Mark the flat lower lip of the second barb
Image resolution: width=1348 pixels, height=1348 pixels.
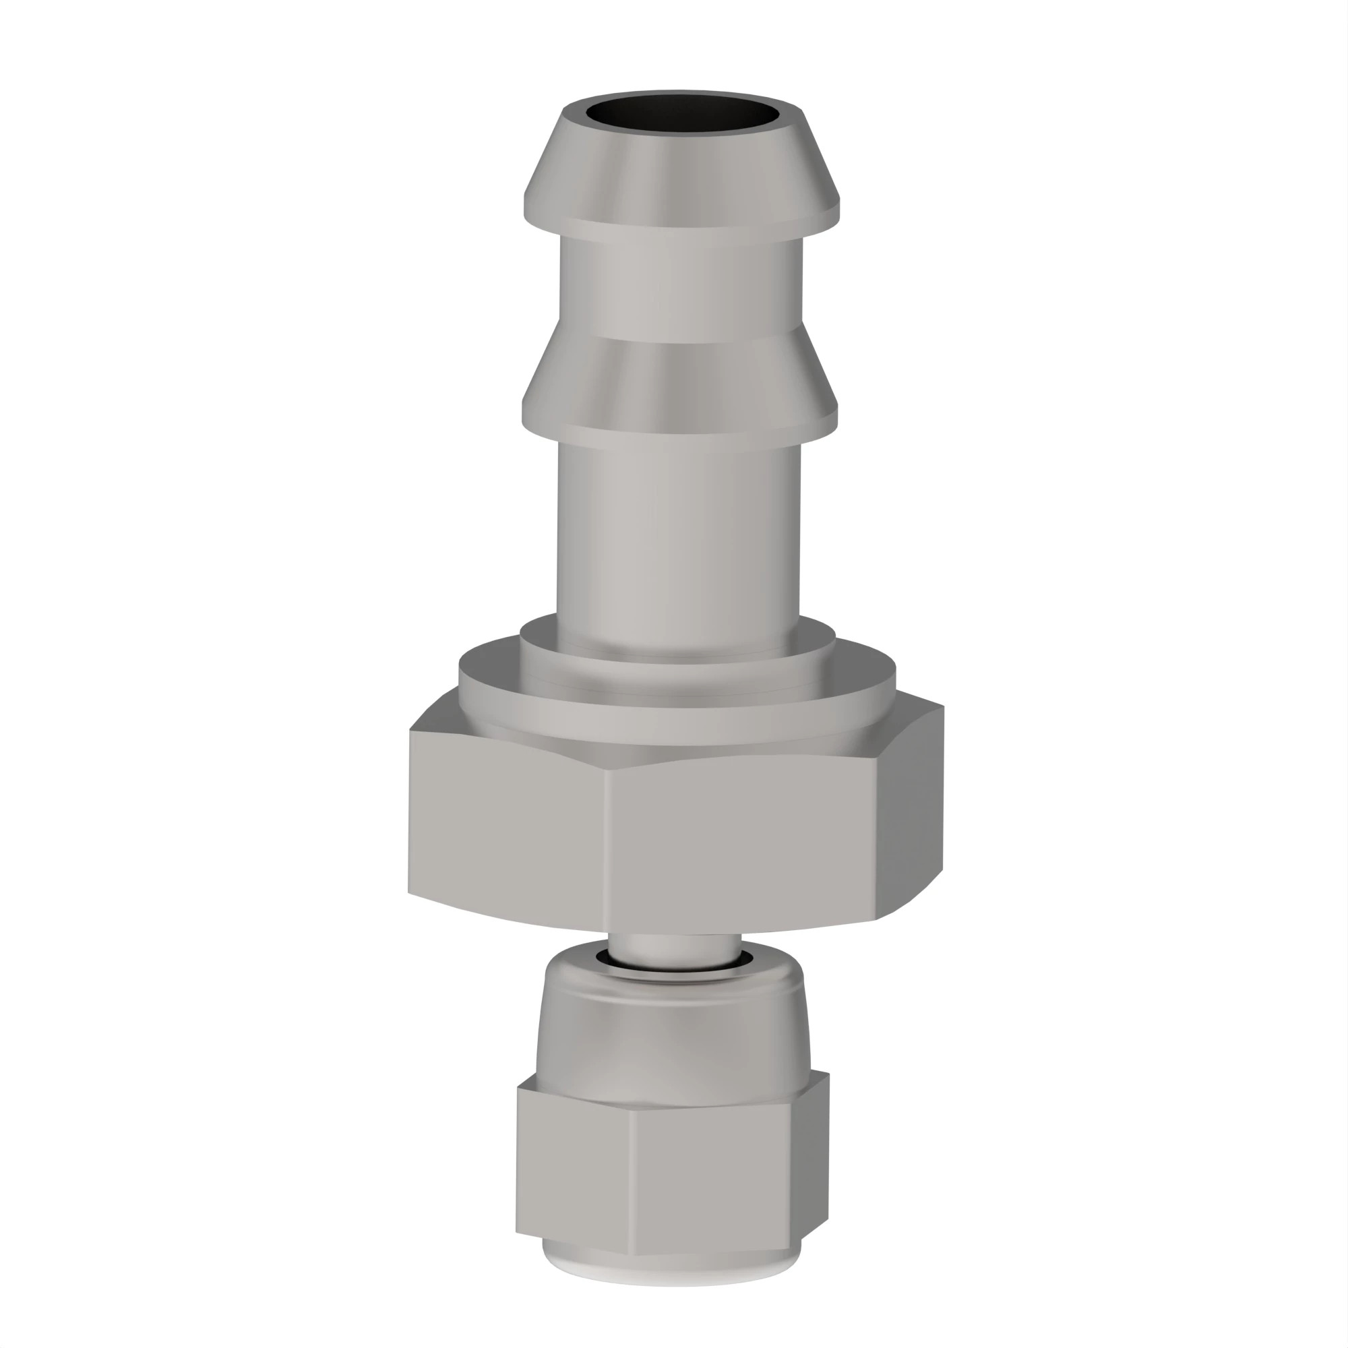click(x=680, y=422)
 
